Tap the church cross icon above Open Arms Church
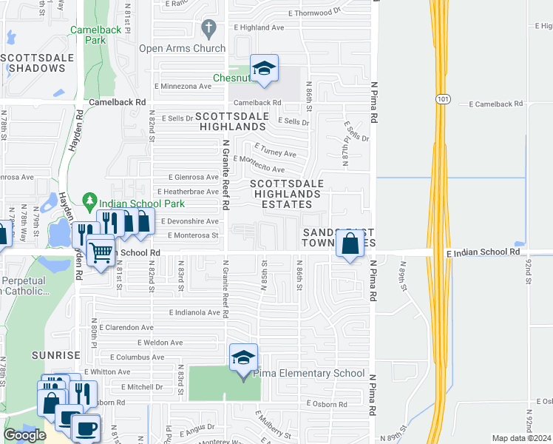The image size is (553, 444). (x=208, y=29)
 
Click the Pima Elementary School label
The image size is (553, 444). (x=309, y=374)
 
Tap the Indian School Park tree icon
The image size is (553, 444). (x=90, y=200)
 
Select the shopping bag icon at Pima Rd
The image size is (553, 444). (x=350, y=242)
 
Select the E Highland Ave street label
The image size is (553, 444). (x=259, y=27)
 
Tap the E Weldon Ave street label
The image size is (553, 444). (x=160, y=343)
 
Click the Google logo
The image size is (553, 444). (x=24, y=435)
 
